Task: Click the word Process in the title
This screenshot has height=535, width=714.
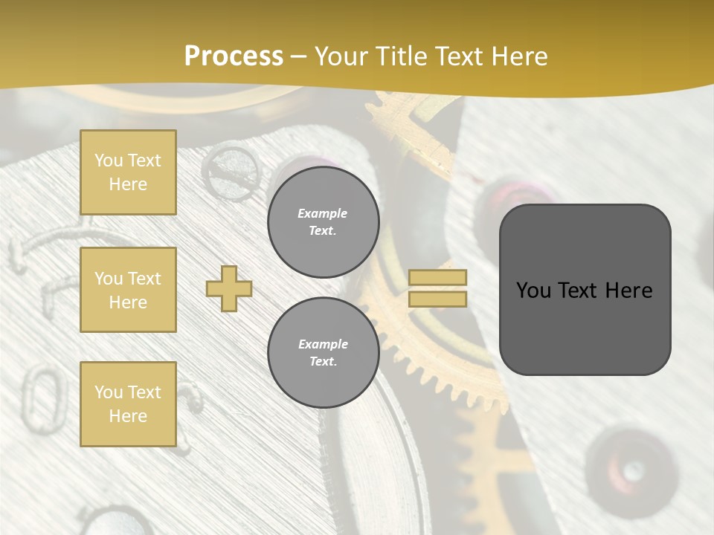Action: coord(234,56)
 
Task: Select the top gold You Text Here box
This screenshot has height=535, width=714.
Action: coord(128,172)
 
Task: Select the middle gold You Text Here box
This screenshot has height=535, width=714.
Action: coord(128,290)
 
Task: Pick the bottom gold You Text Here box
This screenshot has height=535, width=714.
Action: coord(128,403)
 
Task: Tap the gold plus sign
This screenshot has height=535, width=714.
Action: coord(229,288)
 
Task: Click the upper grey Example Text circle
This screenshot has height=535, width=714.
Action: coord(323,222)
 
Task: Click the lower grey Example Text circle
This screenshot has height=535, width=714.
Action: coord(323,352)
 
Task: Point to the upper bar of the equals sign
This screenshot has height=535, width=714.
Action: coord(437,277)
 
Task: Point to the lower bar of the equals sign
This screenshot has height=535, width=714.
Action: coord(437,299)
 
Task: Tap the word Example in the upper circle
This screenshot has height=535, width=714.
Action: coord(323,213)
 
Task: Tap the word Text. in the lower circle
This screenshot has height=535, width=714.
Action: coord(323,361)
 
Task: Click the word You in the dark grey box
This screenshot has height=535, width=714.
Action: coord(533,291)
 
